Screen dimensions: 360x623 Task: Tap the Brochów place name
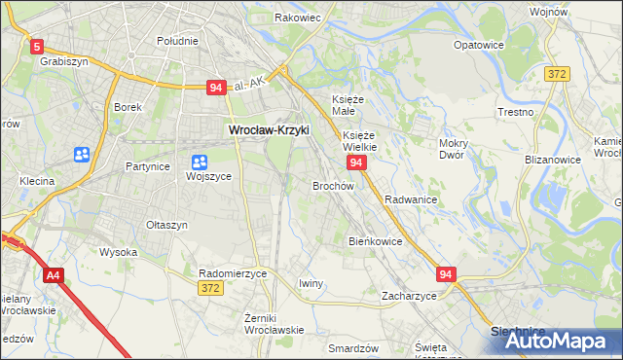332,185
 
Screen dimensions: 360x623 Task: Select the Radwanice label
410,198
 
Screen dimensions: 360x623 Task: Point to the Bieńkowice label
376,240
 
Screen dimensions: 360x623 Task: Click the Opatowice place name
480,45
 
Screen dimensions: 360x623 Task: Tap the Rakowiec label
297,18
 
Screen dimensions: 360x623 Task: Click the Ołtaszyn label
166,225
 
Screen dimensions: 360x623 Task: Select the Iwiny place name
311,283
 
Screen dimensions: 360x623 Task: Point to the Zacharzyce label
409,295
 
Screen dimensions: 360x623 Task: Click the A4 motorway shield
53,277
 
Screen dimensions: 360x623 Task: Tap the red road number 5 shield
37,46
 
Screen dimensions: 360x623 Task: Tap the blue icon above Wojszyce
199,162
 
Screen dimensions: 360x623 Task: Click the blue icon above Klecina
81,155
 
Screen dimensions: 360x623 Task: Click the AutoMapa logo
556,340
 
